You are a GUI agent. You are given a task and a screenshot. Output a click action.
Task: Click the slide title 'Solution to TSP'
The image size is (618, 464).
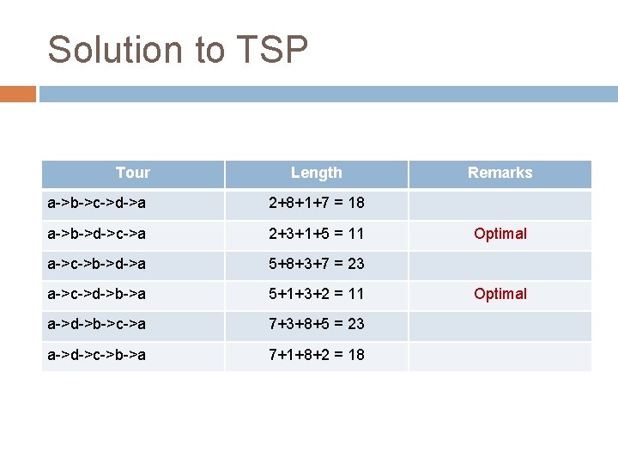[x=178, y=50]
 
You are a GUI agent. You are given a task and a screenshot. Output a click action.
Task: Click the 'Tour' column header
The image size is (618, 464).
[x=132, y=173]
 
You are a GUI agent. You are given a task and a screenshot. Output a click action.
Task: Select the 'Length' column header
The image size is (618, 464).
[x=316, y=173]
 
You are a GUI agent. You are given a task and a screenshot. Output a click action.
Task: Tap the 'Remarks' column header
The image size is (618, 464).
[x=500, y=173]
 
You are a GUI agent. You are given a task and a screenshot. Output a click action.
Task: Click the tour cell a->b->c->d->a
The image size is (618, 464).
[x=96, y=204]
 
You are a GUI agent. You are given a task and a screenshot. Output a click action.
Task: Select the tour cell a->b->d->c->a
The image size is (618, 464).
[x=96, y=234]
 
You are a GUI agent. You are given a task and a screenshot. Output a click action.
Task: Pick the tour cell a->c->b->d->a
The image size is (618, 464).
[x=96, y=264]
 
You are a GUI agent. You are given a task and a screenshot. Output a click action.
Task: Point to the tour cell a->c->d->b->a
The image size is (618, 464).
[x=96, y=294]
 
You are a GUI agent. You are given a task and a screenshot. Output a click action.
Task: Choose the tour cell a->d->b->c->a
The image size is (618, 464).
[x=96, y=324]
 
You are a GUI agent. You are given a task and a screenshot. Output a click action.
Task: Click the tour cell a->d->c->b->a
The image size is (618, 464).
[x=96, y=354]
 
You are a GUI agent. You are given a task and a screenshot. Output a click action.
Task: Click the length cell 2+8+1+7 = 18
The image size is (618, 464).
[x=316, y=204]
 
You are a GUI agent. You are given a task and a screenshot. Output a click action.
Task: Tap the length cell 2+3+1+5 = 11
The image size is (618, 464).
[x=316, y=234]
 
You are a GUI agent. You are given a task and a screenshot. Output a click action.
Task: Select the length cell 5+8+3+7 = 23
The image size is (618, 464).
[x=316, y=264]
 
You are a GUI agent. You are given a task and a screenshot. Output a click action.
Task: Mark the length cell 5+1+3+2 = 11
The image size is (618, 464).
[x=316, y=294]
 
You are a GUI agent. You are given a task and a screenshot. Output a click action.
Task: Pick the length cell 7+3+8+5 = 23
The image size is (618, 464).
[x=316, y=324]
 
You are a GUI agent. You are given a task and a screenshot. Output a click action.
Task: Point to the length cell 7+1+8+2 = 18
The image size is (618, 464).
[x=316, y=354]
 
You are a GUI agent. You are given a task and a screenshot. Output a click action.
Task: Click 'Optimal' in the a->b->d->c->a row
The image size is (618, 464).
[x=500, y=234]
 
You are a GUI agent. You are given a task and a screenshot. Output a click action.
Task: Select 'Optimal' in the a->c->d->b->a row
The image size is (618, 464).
[x=500, y=294]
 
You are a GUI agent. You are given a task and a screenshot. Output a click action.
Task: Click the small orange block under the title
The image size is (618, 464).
[x=18, y=94]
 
